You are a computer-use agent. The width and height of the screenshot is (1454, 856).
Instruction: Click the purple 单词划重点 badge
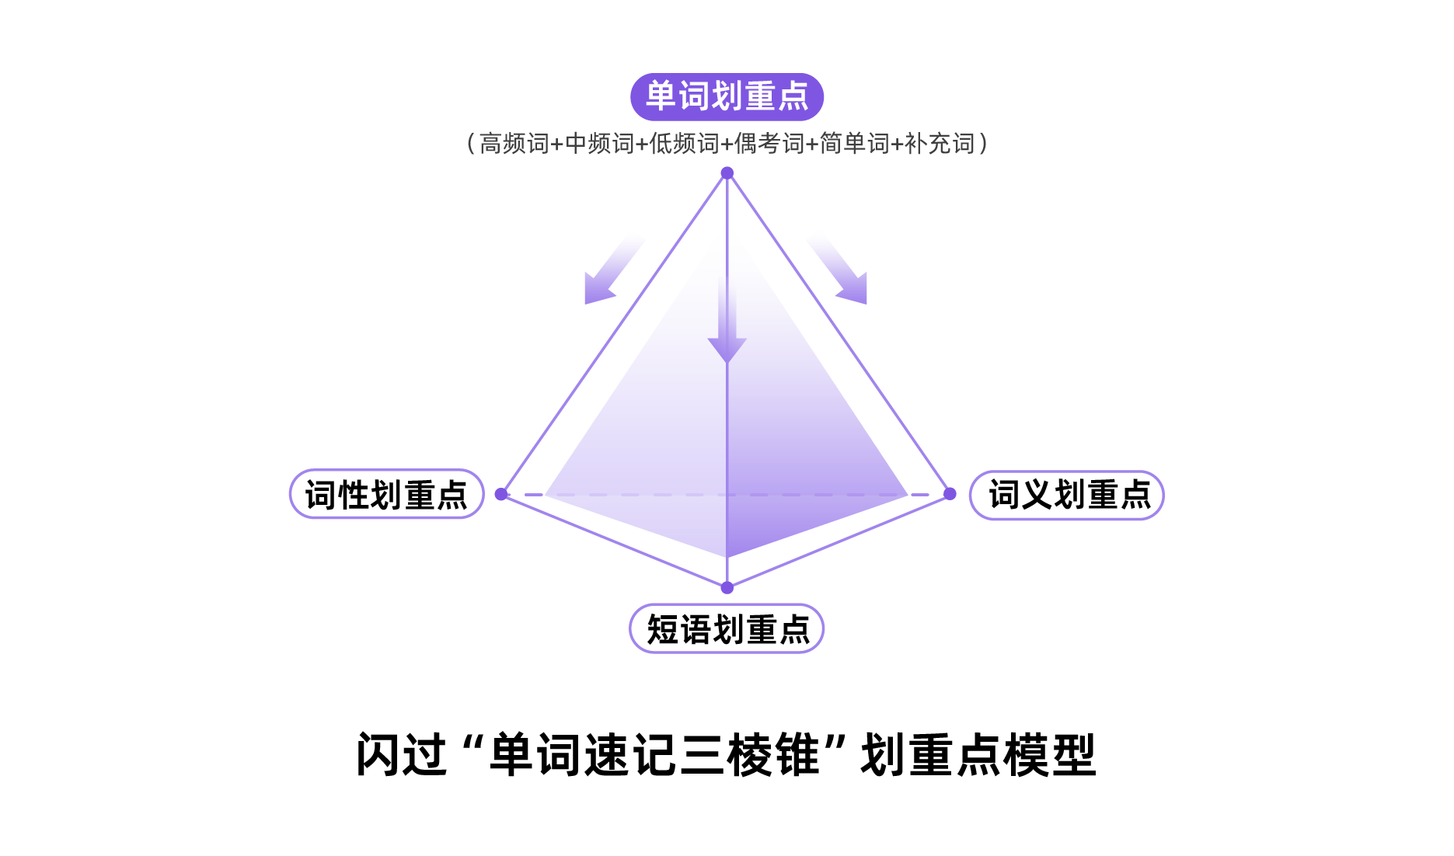[x=727, y=96]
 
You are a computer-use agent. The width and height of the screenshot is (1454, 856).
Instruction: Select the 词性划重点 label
[x=387, y=494]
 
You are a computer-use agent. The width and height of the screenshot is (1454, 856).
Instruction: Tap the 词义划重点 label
[x=1067, y=495]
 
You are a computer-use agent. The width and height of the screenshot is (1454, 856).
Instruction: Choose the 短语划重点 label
[x=727, y=628]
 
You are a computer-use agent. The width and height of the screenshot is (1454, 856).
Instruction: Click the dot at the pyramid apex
[x=727, y=172]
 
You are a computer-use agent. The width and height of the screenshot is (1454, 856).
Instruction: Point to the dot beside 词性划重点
[x=501, y=494]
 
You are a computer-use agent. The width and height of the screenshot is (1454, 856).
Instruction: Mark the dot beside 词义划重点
[x=950, y=494]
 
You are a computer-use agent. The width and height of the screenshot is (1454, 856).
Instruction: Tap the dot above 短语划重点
[x=727, y=588]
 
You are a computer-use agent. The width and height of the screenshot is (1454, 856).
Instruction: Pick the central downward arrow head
[x=727, y=350]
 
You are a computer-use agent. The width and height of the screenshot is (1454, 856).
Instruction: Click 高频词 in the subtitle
[x=514, y=144]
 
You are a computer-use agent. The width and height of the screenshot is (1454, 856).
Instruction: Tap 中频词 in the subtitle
[x=599, y=144]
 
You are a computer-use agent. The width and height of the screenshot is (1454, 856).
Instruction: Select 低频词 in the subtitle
[x=685, y=144]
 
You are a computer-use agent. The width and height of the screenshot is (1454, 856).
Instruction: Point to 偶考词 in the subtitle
[x=769, y=144]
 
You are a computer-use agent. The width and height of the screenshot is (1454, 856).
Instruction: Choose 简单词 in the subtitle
[x=855, y=144]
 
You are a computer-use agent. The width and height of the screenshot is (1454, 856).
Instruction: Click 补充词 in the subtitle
[x=940, y=144]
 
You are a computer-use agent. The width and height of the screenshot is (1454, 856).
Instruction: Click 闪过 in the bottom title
[x=402, y=754]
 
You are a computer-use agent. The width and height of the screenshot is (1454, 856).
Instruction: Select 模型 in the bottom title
[x=1050, y=754]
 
